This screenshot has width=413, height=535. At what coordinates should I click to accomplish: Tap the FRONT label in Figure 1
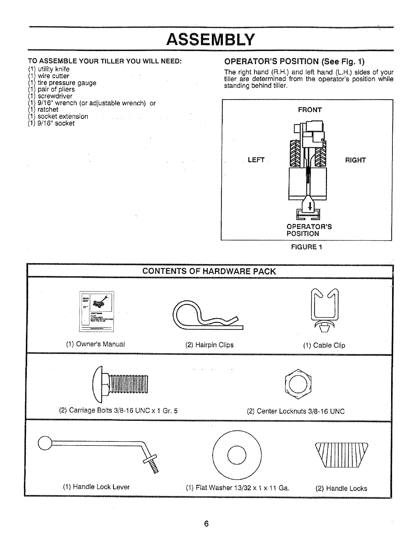[x=310, y=110]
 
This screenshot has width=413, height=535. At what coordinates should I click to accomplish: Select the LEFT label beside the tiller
[x=256, y=160]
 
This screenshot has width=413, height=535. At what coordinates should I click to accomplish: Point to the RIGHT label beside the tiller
[x=355, y=160]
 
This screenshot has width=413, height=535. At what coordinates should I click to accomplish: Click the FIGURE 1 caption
[x=306, y=247]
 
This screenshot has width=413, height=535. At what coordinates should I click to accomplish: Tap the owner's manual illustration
[x=97, y=311]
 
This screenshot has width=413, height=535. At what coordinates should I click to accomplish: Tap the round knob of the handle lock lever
[x=45, y=443]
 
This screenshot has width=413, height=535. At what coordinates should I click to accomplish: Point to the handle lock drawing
[x=341, y=455]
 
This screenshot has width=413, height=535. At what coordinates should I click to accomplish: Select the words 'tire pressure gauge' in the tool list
[x=67, y=83]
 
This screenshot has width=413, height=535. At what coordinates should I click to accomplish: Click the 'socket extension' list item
[x=63, y=117]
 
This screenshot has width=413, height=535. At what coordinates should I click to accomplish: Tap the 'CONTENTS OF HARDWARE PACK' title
[x=209, y=272]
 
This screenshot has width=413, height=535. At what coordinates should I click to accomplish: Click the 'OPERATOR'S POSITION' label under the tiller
[x=309, y=230]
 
